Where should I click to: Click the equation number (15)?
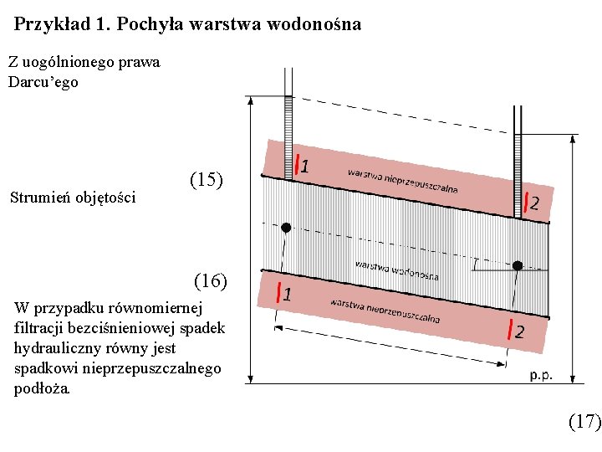pyautogui.click(x=207, y=179)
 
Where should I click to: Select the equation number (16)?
pyautogui.click(x=210, y=280)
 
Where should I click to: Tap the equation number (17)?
pyautogui.click(x=584, y=421)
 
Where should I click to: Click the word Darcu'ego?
pyautogui.click(x=43, y=82)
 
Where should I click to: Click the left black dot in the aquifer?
pyautogui.click(x=286, y=228)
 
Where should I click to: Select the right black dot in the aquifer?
pyautogui.click(x=518, y=265)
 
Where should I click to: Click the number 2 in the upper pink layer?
pyautogui.click(x=534, y=203)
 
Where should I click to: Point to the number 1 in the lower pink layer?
pyautogui.click(x=287, y=295)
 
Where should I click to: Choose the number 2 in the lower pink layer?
pyautogui.click(x=519, y=332)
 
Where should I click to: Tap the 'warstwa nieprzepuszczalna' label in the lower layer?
pyautogui.click(x=385, y=310)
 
